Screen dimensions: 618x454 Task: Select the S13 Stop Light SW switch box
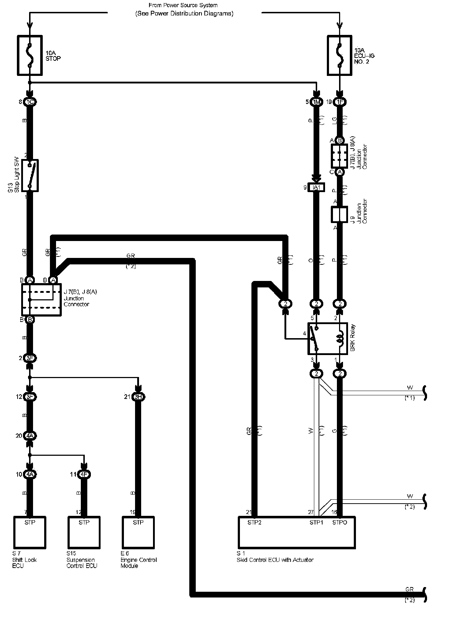(x=30, y=176)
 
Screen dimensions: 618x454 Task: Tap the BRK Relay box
(x=327, y=338)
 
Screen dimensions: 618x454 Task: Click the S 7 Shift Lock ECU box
(x=30, y=532)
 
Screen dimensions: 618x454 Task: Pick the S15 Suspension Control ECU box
(x=84, y=532)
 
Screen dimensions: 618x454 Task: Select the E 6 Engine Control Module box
(x=138, y=532)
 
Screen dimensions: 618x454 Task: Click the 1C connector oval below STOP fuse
(x=30, y=102)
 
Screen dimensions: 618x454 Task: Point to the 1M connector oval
(x=316, y=102)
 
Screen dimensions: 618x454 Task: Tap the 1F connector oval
(x=339, y=102)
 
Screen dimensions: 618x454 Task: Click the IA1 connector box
(x=316, y=187)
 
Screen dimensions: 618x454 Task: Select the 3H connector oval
(x=138, y=397)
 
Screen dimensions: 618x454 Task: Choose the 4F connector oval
(x=84, y=474)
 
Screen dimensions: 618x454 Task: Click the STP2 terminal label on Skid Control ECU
(x=254, y=522)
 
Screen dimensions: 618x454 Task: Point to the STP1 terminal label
(x=316, y=522)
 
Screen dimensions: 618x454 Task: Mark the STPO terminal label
(x=339, y=522)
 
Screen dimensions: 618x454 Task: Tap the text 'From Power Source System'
(x=183, y=5)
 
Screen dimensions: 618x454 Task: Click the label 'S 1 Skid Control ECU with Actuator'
(x=275, y=557)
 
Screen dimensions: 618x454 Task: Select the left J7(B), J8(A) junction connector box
(x=41, y=300)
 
